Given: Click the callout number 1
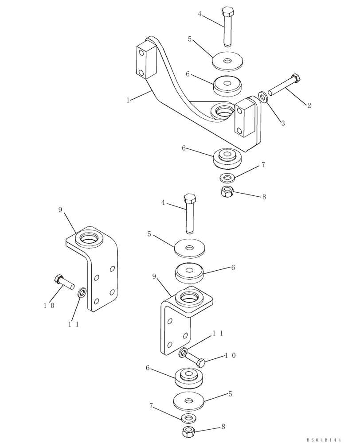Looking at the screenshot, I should click(x=128, y=100).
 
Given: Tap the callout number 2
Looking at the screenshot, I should click(x=309, y=105).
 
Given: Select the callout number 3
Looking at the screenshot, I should click(x=283, y=123).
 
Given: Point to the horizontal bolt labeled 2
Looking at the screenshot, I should click(x=283, y=87).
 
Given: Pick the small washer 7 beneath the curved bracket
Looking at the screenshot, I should click(x=227, y=178).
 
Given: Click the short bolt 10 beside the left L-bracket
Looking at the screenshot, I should click(x=63, y=282).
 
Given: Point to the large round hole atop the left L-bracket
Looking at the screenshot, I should click(x=90, y=240).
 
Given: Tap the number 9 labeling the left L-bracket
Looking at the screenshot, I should click(x=61, y=210).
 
